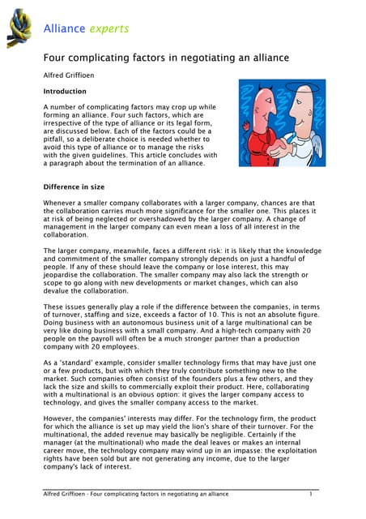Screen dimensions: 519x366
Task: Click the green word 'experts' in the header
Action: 109,29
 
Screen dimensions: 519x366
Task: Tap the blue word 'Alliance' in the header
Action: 65,29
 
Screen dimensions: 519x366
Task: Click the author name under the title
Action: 71,76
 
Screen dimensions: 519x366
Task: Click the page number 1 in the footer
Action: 311,494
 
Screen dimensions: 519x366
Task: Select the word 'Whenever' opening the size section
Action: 62,202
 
